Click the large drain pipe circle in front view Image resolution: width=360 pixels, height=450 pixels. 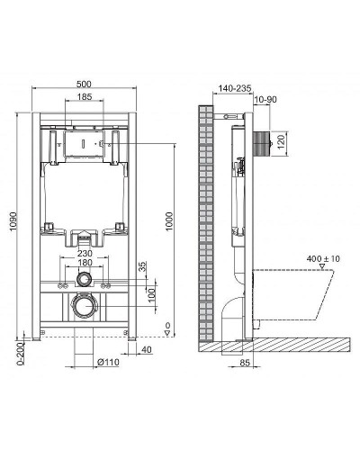(x=83, y=308)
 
